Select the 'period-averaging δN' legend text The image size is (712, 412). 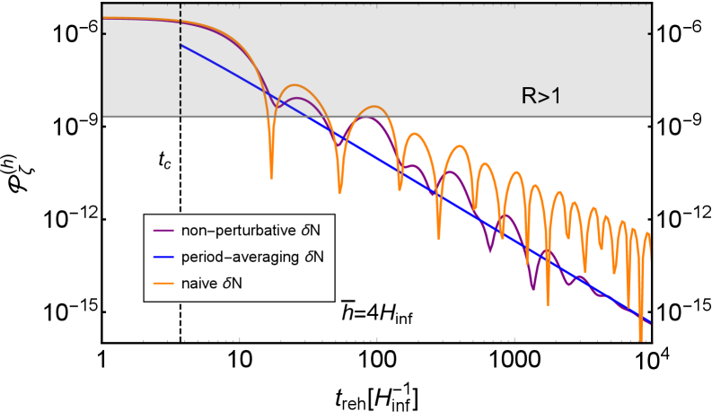point(252,257)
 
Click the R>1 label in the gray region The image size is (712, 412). point(541,96)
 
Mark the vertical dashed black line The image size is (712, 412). point(180,72)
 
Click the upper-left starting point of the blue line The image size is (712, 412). point(181,45)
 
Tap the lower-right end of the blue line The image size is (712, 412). point(649,323)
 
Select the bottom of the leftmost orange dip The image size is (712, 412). point(270,173)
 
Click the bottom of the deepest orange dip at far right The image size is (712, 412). point(640,340)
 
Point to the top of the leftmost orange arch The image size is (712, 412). point(294,86)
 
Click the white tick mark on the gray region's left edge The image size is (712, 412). point(105,35)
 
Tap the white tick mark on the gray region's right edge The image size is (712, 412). point(647,35)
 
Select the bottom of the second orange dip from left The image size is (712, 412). point(339,192)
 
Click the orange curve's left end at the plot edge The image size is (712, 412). point(104,18)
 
